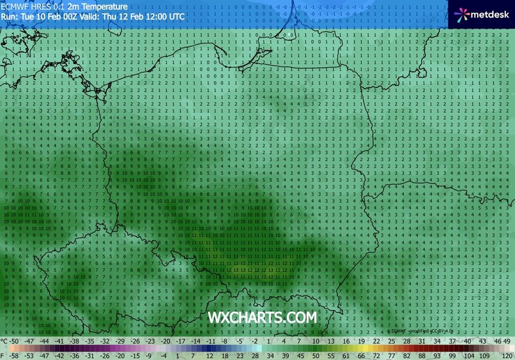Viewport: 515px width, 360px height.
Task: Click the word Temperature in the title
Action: coord(104,5)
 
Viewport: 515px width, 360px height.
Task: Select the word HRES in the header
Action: coord(47,5)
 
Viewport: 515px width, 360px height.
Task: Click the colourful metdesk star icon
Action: coord(462,13)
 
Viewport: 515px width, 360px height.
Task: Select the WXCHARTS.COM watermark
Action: coord(262,317)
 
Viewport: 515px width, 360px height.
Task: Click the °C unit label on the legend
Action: coord(5,341)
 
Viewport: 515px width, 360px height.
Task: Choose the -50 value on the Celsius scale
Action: coord(14,341)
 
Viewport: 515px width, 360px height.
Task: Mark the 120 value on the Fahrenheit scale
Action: coord(507,356)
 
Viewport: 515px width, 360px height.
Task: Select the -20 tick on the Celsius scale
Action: coord(166,341)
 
